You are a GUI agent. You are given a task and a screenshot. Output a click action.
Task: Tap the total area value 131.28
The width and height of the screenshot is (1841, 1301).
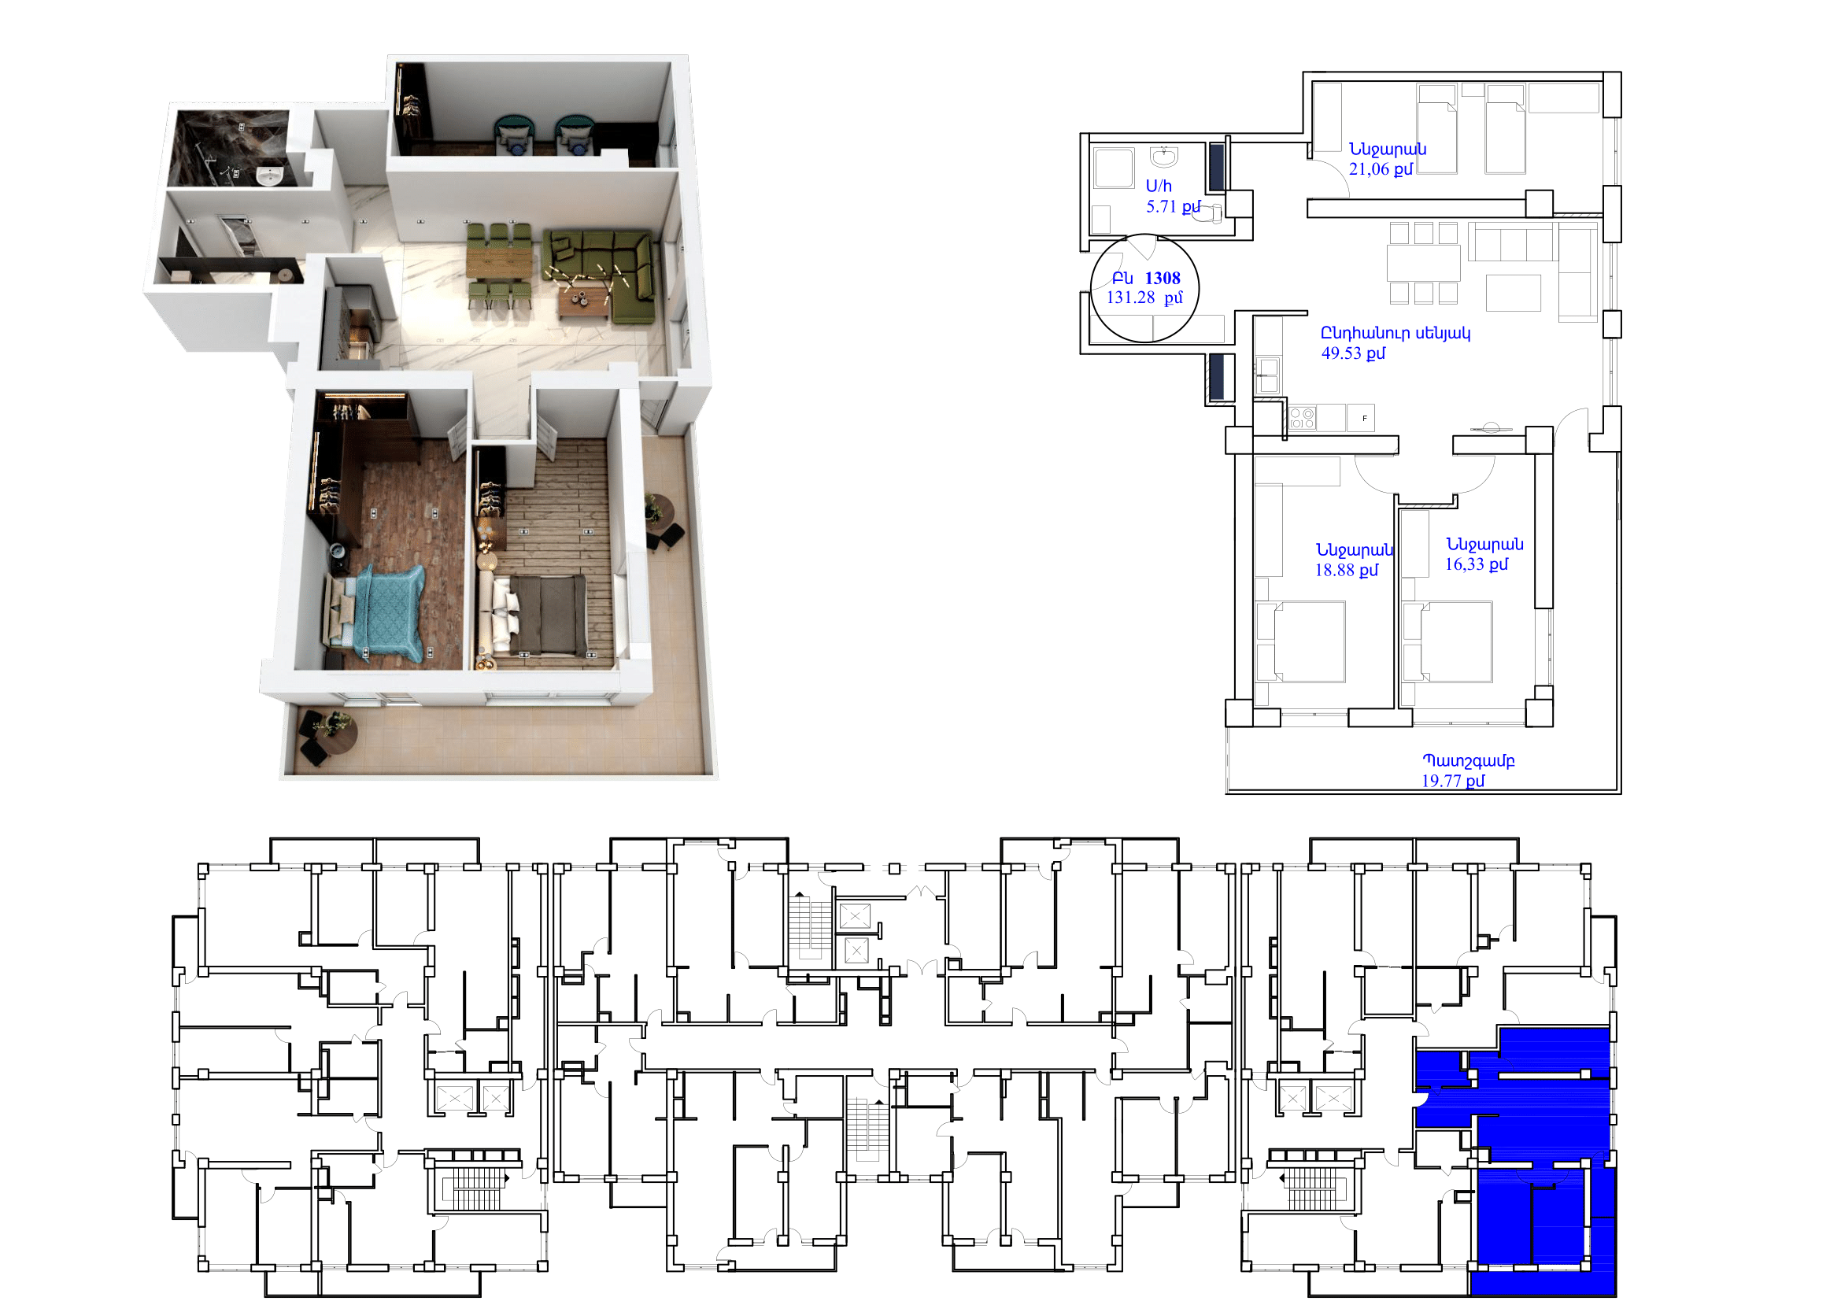(x=1130, y=298)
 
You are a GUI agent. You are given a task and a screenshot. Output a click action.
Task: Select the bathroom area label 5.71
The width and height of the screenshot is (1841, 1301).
(x=1162, y=206)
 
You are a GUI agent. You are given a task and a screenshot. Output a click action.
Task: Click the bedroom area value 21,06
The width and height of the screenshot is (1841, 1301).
(x=1369, y=169)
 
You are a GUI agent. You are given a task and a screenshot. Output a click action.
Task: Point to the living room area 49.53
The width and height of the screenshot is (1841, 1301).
(x=1341, y=353)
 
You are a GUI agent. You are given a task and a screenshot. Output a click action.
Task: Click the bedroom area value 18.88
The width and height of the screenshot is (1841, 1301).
(x=1335, y=570)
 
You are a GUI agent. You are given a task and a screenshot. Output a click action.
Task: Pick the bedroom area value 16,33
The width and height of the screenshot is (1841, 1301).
(x=1465, y=564)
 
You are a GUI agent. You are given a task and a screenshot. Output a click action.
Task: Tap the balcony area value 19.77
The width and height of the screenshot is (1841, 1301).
(x=1442, y=781)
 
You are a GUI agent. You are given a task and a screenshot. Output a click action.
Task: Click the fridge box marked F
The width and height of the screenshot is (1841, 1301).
(x=1361, y=418)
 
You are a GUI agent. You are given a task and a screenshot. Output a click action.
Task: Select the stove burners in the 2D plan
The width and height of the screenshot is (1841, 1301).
(x=1301, y=418)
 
